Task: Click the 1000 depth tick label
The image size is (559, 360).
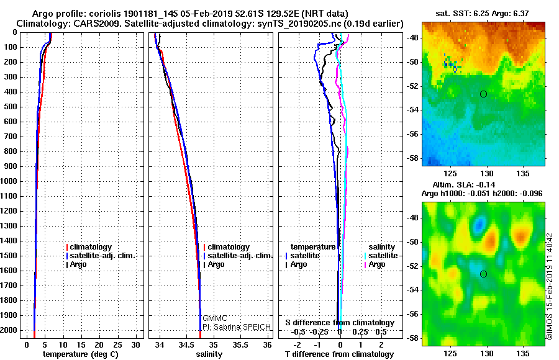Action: (x=10, y=181)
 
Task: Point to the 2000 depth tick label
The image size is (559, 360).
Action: (x=10, y=330)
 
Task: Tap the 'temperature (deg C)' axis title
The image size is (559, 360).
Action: (x=80, y=354)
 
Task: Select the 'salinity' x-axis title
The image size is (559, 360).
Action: (x=209, y=354)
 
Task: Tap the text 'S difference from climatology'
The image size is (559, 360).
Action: (x=340, y=323)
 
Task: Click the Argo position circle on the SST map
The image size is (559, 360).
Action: (x=483, y=94)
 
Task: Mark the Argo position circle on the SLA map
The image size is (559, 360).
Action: (x=483, y=274)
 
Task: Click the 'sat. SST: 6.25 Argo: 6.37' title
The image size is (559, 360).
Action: (x=483, y=14)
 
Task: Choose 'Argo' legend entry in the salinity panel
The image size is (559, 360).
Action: (x=216, y=264)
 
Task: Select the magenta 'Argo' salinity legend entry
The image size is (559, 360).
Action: (x=377, y=264)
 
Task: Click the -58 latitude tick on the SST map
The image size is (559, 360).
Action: (x=413, y=159)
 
